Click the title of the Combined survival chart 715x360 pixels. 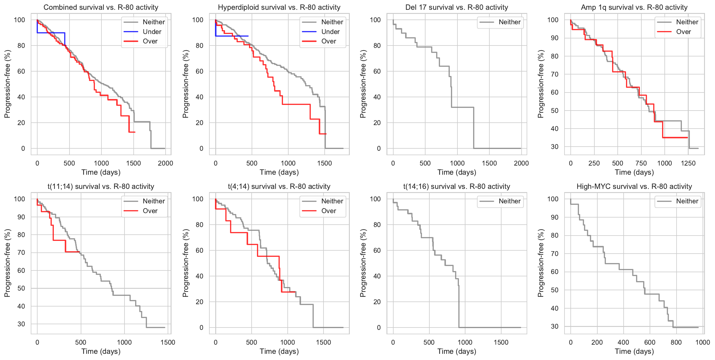(x=101, y=7)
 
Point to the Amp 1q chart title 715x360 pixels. (x=634, y=7)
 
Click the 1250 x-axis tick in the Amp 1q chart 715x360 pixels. (x=688, y=163)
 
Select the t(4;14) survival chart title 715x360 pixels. (x=279, y=187)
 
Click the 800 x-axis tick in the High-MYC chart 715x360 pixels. (x=676, y=343)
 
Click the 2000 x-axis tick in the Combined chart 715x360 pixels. (x=165, y=163)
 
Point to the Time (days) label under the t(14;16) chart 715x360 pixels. (x=457, y=351)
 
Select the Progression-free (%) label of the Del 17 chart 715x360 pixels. (x=363, y=84)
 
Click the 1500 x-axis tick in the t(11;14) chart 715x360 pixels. (x=168, y=343)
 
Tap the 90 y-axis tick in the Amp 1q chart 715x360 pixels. (x=554, y=38)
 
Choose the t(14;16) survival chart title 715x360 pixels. (x=457, y=187)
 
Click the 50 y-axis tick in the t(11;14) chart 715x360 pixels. (x=21, y=288)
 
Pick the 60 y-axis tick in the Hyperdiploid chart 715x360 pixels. (x=199, y=71)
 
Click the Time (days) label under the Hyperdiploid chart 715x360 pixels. (x=279, y=172)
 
